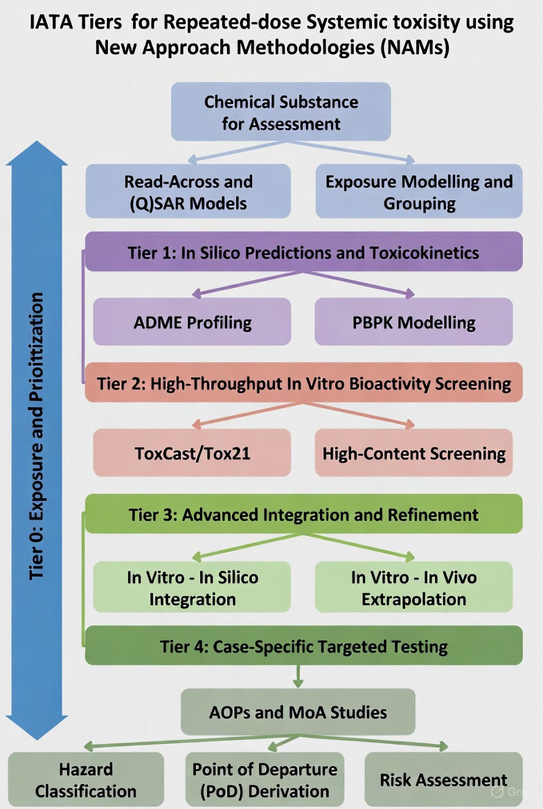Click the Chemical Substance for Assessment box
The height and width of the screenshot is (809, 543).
pyautogui.click(x=281, y=112)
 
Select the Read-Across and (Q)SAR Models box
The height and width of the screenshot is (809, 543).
pyautogui.click(x=188, y=192)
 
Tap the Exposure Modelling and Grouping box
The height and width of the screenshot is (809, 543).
pyautogui.click(x=419, y=192)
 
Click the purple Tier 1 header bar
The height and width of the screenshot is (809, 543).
pyautogui.click(x=303, y=252)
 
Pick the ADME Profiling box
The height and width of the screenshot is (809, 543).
pyautogui.click(x=192, y=322)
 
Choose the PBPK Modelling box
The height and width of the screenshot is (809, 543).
pyautogui.click(x=413, y=322)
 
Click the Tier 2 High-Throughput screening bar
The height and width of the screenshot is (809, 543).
pyautogui.click(x=303, y=383)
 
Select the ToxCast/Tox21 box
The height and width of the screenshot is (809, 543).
pyautogui.click(x=192, y=454)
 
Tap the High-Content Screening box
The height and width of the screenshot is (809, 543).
pyautogui.click(x=413, y=454)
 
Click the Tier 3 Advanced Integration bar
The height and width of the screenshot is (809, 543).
pyautogui.click(x=303, y=515)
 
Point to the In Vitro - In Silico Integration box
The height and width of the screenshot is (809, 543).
pyautogui.click(x=192, y=587)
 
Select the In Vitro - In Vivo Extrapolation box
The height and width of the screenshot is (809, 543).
pyautogui.click(x=413, y=587)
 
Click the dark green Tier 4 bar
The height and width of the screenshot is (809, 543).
pyautogui.click(x=303, y=646)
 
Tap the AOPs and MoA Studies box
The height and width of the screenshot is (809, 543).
pyautogui.click(x=298, y=711)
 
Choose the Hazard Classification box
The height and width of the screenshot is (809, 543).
pyautogui.click(x=86, y=780)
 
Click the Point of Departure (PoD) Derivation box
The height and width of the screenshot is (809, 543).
pyautogui.click(x=265, y=780)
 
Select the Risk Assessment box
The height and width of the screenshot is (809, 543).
pyautogui.click(x=443, y=780)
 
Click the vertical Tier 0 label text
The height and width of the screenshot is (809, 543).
pyautogui.click(x=37, y=436)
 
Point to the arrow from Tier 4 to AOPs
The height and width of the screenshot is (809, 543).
pyautogui.click(x=298, y=676)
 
